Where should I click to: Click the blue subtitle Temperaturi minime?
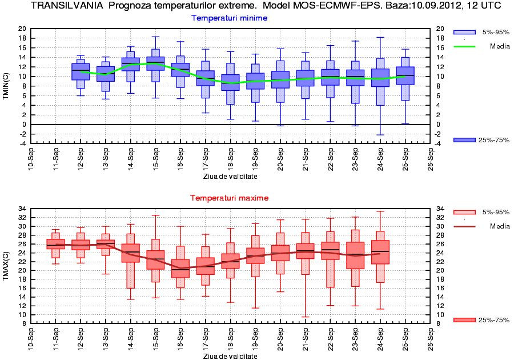230,18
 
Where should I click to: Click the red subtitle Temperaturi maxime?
230,198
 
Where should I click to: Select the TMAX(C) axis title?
6,267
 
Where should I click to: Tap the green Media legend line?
464,46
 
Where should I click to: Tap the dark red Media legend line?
464,226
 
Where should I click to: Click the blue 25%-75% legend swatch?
464,140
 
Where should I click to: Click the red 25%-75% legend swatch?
464,320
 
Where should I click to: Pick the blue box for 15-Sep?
155,63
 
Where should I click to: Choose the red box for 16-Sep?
180,269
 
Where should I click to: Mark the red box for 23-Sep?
355,255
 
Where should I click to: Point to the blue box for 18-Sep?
230,82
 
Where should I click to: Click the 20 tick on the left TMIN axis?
22,29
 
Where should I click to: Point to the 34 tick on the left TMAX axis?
22,209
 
